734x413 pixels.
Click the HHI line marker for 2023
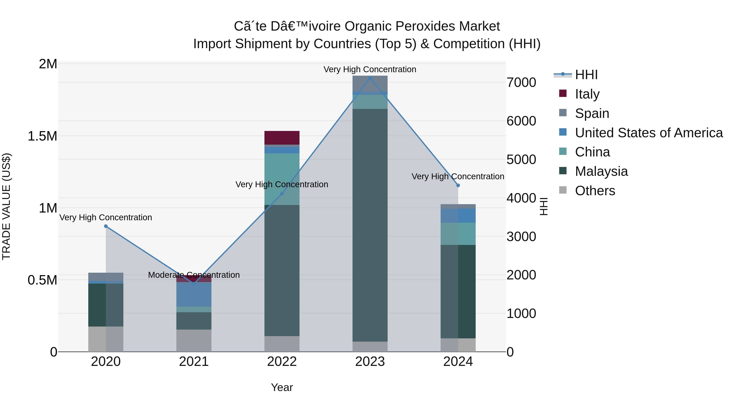(x=370, y=78)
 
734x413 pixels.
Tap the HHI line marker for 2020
(x=106, y=226)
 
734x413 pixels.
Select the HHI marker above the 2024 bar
(x=458, y=185)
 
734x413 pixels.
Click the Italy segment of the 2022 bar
(x=282, y=138)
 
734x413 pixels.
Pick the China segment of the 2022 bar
(x=282, y=179)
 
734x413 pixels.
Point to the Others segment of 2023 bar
(x=370, y=346)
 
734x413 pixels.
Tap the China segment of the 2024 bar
(x=458, y=234)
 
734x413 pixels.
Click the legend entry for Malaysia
(x=601, y=171)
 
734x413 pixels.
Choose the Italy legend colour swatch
(x=563, y=93)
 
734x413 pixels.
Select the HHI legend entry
(x=586, y=75)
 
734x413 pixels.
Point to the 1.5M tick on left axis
(x=42, y=136)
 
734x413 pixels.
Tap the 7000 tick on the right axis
(x=521, y=83)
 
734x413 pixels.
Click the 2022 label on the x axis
(x=282, y=362)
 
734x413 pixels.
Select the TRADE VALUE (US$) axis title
(x=7, y=206)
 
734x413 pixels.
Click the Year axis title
(x=282, y=387)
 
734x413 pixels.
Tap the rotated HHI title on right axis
(x=544, y=206)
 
